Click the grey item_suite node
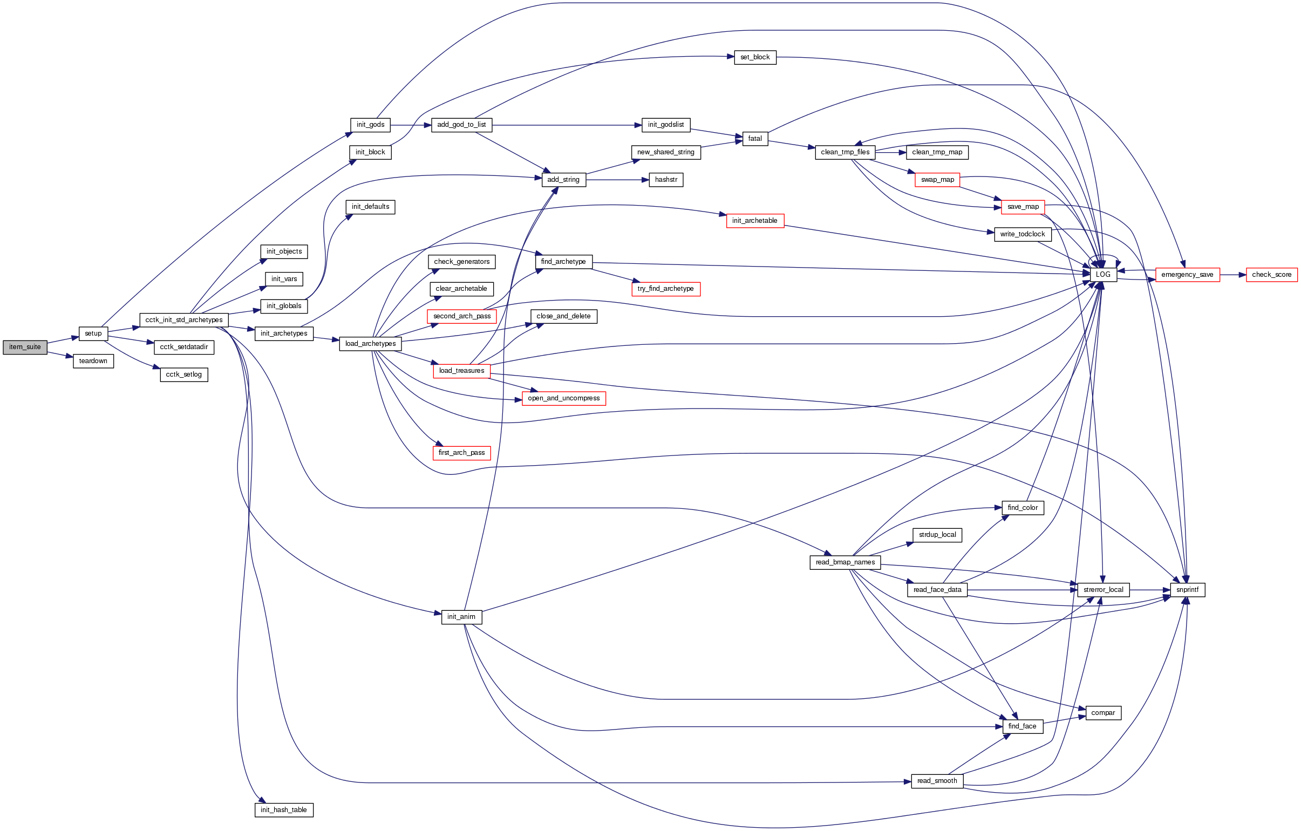tap(25, 348)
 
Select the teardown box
tap(93, 361)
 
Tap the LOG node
tap(1103, 275)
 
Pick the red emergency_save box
tap(1187, 275)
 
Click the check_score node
tap(1271, 275)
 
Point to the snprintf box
tap(1187, 589)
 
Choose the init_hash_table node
tap(284, 809)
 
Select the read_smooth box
tap(937, 781)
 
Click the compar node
tap(1103, 713)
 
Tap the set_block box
tap(755, 57)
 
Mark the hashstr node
tap(666, 179)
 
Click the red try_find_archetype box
tap(666, 289)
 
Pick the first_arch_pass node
tap(461, 453)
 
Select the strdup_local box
tap(937, 535)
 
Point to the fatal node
tap(755, 139)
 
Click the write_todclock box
tap(1022, 234)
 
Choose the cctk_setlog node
tap(183, 374)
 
